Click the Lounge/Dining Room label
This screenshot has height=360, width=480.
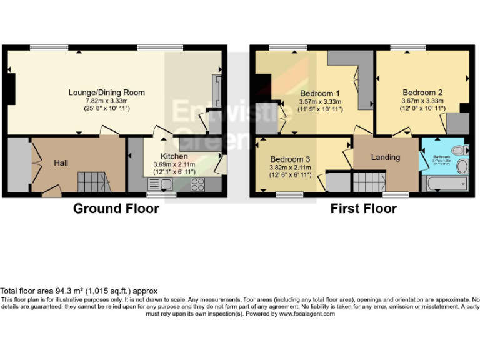(106, 92)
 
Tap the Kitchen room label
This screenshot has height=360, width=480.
(174, 156)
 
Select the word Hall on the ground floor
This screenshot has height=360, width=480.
(61, 162)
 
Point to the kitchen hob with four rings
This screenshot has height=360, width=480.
(197, 184)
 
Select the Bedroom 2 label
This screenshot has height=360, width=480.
(422, 92)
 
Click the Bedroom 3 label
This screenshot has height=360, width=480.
(289, 159)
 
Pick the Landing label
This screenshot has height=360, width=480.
(385, 157)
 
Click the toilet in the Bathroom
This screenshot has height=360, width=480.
(461, 150)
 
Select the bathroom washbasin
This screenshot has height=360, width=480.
(461, 166)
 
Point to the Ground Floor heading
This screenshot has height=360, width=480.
(116, 209)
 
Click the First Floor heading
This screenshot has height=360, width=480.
(363, 209)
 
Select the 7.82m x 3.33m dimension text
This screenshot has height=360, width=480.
(107, 101)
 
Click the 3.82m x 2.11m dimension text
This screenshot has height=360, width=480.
(289, 167)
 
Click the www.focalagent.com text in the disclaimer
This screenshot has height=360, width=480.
(306, 314)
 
